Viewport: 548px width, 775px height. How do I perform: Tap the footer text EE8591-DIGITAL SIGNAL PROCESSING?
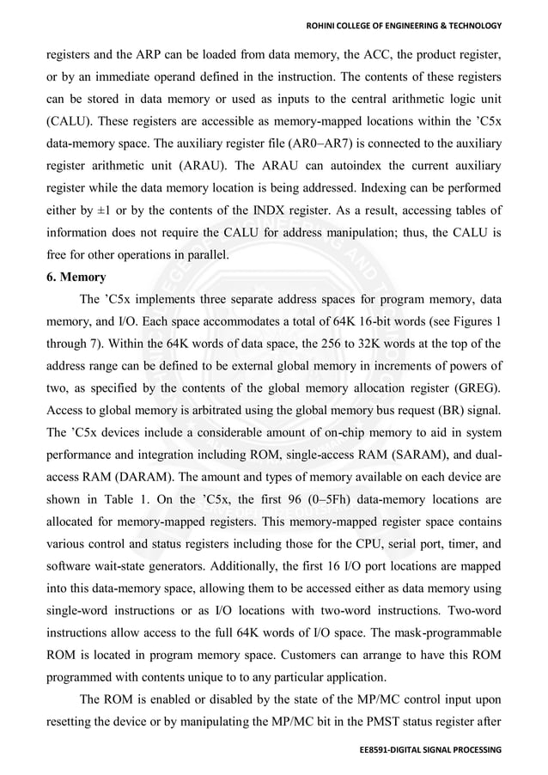430,750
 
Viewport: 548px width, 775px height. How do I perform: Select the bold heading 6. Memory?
77,278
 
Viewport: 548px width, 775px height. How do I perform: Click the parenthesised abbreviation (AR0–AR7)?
336,143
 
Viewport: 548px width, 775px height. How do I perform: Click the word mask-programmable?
446,633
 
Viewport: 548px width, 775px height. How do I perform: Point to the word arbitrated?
198,410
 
